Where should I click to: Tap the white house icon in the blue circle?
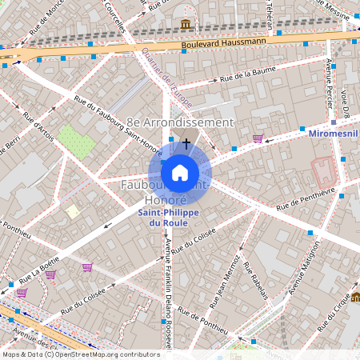point(180,172)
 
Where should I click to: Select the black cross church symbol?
point(186,143)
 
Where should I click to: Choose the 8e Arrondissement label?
point(180,122)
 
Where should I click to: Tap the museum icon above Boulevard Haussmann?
point(186,23)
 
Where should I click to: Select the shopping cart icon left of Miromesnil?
point(258,138)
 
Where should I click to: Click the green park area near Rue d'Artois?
point(76,141)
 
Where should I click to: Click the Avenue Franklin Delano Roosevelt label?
point(169,300)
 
